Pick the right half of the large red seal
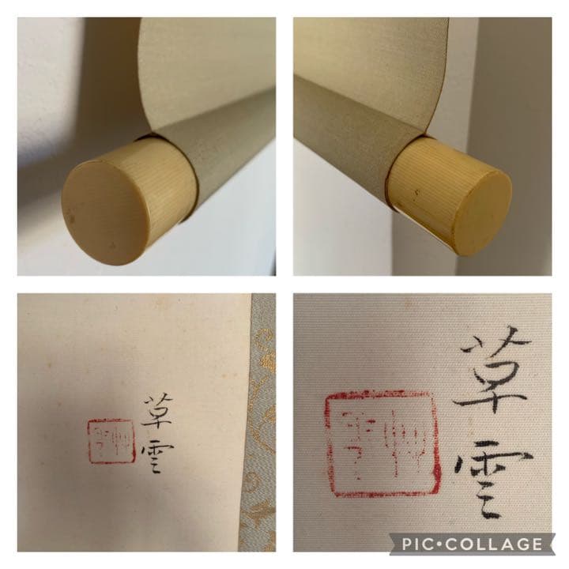pyautogui.click(x=408, y=443)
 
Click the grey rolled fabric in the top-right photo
pyautogui.click(x=348, y=126)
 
